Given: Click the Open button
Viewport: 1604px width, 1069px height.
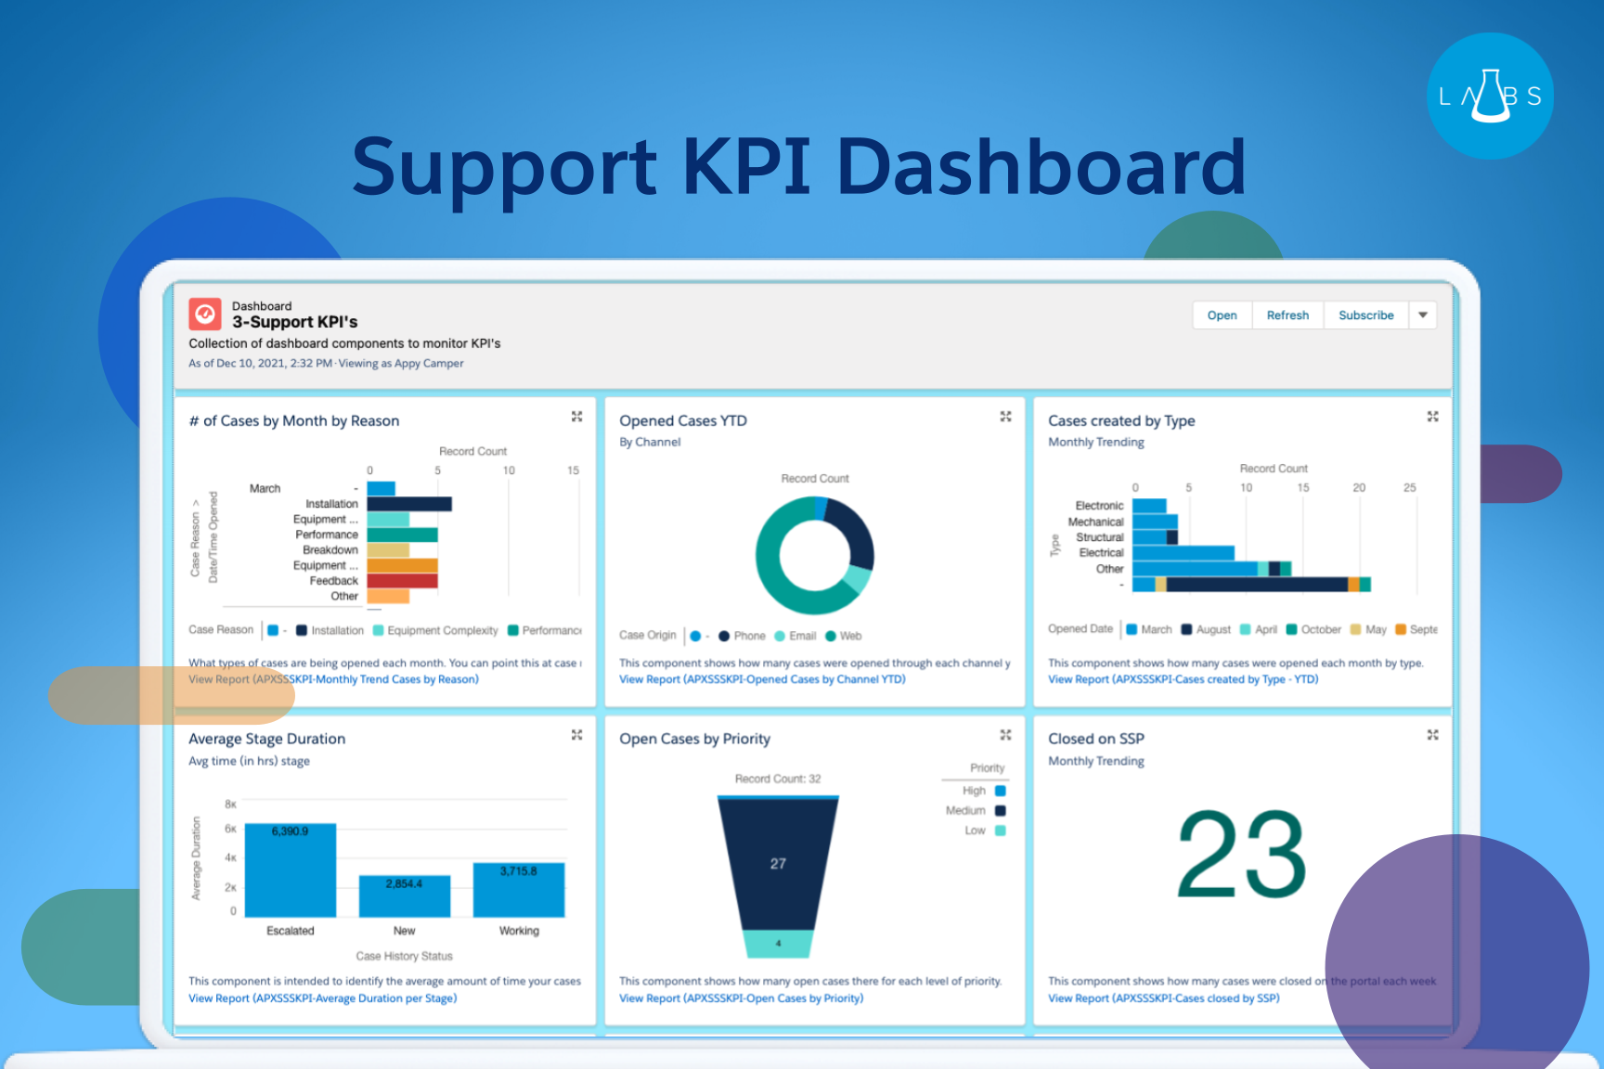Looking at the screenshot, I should pyautogui.click(x=1222, y=316).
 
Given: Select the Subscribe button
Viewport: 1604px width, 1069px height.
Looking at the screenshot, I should pyautogui.click(x=1365, y=316).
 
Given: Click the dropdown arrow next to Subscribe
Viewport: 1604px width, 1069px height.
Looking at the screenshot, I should pyautogui.click(x=1422, y=316).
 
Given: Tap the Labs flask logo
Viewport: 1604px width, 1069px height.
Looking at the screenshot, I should pyautogui.click(x=1490, y=97).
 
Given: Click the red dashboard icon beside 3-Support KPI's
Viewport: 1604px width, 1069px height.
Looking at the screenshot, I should pyautogui.click(x=205, y=315).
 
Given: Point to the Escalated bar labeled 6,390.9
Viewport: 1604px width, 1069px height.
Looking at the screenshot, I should pyautogui.click(x=291, y=870).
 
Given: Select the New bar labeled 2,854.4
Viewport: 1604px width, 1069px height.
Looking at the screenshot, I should pyautogui.click(x=405, y=896).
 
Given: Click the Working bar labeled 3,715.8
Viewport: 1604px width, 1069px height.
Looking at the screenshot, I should pyautogui.click(x=519, y=890).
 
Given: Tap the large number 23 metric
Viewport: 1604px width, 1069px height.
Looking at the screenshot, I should pyautogui.click(x=1241, y=854).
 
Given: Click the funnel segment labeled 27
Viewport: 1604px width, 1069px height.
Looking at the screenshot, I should pyautogui.click(x=778, y=864).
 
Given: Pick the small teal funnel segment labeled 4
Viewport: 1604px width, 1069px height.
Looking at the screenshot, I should pyautogui.click(x=778, y=944).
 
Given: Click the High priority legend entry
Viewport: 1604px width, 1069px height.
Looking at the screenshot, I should pyautogui.click(x=984, y=792).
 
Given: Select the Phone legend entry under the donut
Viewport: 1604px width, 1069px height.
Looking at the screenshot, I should pyautogui.click(x=743, y=636).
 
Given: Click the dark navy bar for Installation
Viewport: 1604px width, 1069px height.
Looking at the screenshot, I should pyautogui.click(x=409, y=504).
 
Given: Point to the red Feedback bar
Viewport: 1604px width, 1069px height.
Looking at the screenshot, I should pyautogui.click(x=402, y=581).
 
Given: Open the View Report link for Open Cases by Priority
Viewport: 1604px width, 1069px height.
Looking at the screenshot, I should pyautogui.click(x=741, y=998).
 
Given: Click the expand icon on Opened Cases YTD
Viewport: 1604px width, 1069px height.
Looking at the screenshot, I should pyautogui.click(x=1005, y=417).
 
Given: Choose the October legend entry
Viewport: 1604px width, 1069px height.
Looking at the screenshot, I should pyautogui.click(x=1313, y=629).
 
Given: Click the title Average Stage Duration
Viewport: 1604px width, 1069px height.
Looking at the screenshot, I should pyautogui.click(x=266, y=739).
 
